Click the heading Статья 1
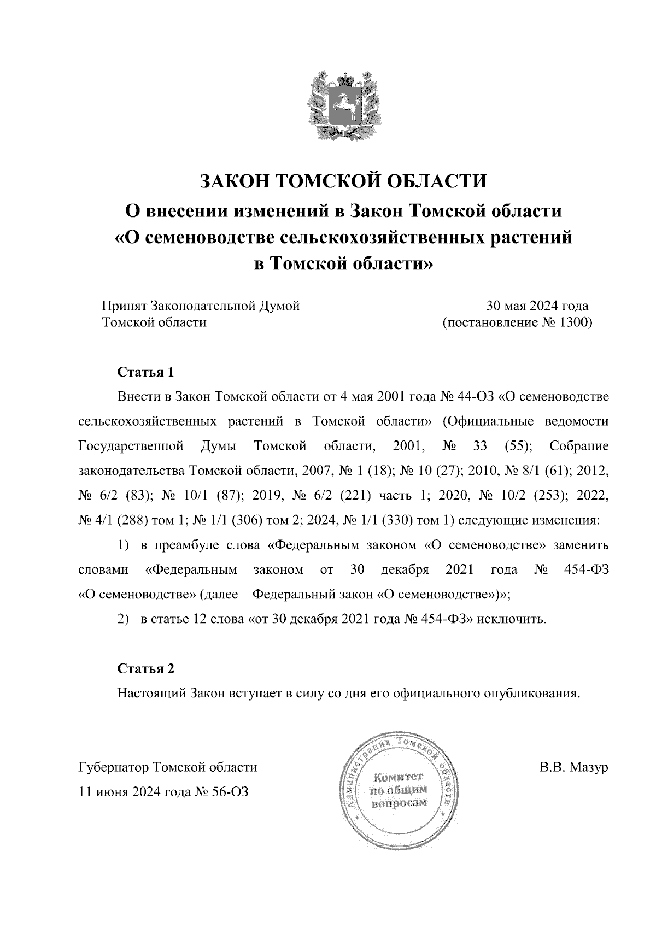[x=146, y=373]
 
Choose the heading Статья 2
[x=146, y=668]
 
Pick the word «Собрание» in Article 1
[x=579, y=447]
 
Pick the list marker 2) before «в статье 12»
[x=123, y=619]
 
